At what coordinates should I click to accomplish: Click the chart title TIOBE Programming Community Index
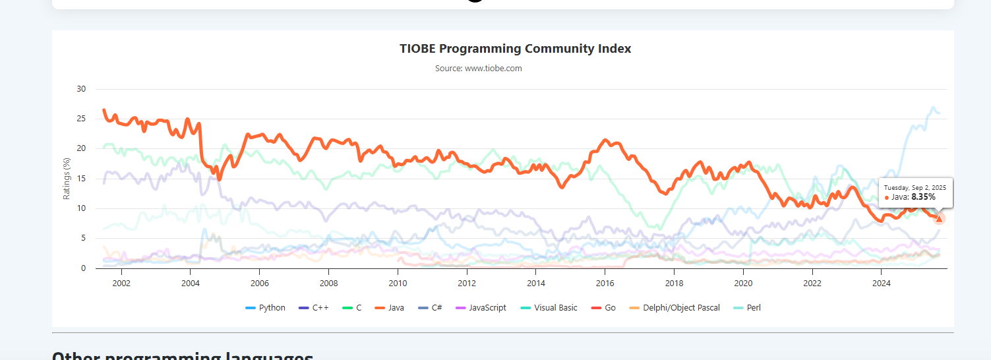pyautogui.click(x=515, y=49)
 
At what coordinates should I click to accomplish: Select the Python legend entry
pyautogui.click(x=266, y=308)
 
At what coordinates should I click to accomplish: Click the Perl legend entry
pyautogui.click(x=748, y=308)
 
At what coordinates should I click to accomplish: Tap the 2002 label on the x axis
pyautogui.click(x=121, y=284)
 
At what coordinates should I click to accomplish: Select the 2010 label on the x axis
pyautogui.click(x=398, y=284)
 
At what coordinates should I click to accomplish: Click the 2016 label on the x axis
pyautogui.click(x=605, y=284)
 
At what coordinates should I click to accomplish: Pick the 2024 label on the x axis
pyautogui.click(x=882, y=284)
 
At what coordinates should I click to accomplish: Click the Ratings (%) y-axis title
pyautogui.click(x=67, y=179)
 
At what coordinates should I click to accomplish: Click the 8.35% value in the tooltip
pyautogui.click(x=923, y=197)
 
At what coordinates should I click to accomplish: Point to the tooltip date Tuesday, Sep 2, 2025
pyautogui.click(x=915, y=187)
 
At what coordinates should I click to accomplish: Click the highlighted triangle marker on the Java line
pyautogui.click(x=939, y=218)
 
